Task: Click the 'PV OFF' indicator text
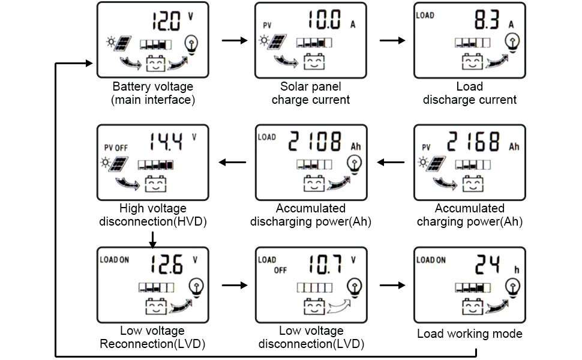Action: (116, 147)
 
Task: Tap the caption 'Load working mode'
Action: (469, 334)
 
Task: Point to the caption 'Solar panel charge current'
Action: (310, 93)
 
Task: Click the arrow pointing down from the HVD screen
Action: (152, 239)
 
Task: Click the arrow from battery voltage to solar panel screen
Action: (235, 40)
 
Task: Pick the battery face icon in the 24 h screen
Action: (472, 308)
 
